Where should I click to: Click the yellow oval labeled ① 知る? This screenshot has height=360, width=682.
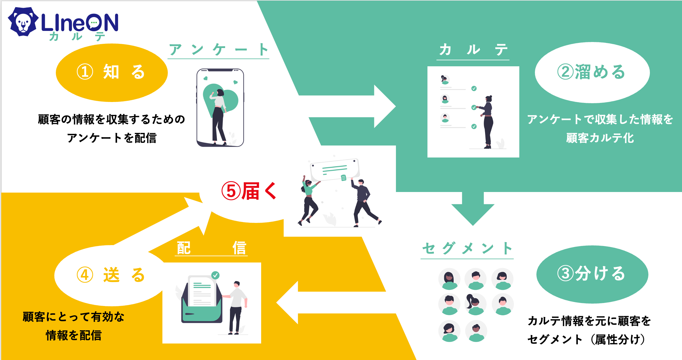[111, 72]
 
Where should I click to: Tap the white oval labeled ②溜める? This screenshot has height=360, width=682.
[592, 72]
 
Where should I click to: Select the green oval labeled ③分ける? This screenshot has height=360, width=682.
[592, 274]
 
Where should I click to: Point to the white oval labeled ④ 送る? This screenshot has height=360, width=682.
[110, 275]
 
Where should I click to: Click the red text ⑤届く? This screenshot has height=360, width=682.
[249, 191]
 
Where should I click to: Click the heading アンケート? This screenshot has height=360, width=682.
[218, 50]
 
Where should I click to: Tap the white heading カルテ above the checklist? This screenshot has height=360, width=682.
[473, 50]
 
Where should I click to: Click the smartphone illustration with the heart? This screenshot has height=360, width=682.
[220, 107]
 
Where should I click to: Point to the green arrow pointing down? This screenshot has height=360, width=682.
[473, 210]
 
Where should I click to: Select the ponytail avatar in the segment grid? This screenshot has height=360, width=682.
[475, 304]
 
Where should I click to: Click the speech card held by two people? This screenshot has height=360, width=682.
[335, 169]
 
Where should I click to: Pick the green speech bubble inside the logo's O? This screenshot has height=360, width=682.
[94, 22]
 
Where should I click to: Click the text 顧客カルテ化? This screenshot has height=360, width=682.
[600, 138]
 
